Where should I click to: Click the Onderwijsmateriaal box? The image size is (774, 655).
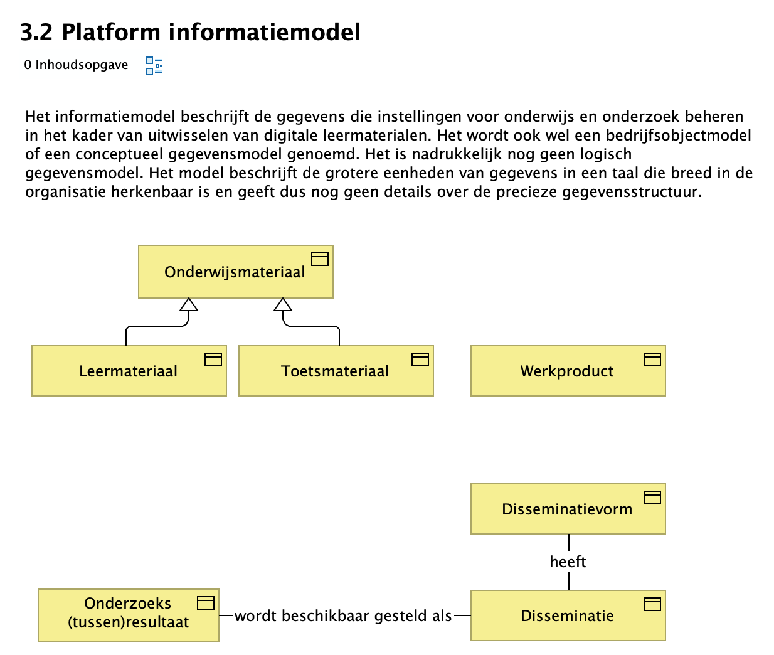tap(235, 272)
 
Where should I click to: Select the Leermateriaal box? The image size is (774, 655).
tap(129, 371)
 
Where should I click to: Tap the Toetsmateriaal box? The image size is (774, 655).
tap(336, 371)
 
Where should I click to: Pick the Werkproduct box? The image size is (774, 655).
tap(568, 371)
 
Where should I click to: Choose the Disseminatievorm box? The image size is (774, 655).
tap(568, 509)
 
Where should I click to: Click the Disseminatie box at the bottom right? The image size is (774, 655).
tap(568, 615)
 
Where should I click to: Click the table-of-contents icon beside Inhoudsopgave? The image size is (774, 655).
tap(154, 65)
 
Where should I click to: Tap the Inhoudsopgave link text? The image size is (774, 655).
tap(82, 65)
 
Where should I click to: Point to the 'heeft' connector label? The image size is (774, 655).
tap(568, 562)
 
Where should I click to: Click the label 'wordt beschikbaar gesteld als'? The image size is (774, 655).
tap(343, 615)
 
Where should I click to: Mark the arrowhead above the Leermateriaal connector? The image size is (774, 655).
tap(189, 305)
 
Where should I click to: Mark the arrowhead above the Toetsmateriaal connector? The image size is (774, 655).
tap(283, 305)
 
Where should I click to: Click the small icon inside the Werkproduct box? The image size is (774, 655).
tap(652, 359)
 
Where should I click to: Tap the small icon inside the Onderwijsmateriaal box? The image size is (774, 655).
tap(320, 259)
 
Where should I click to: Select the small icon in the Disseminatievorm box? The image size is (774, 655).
tap(652, 498)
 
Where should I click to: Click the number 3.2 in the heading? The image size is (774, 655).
tap(36, 32)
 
